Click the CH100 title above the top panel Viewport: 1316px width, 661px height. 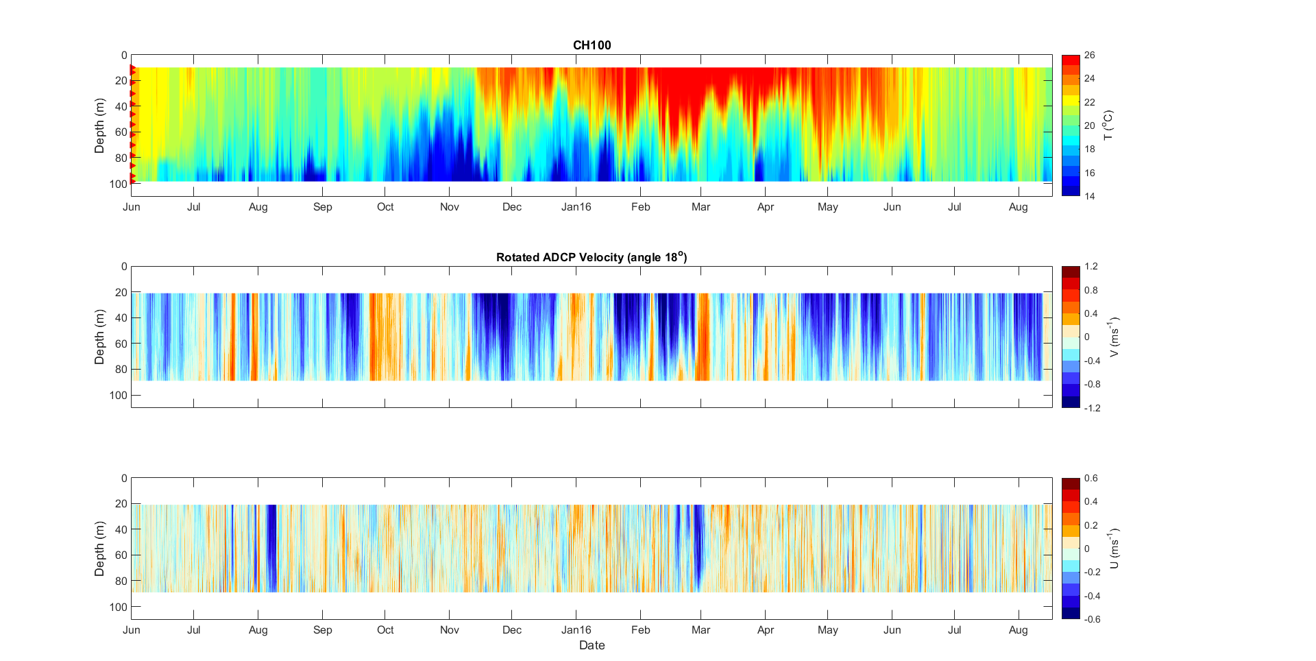(x=592, y=45)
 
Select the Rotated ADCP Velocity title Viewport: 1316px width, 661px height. (x=591, y=257)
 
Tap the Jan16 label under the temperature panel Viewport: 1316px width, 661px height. (x=576, y=207)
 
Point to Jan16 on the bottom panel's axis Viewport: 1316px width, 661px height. (x=576, y=630)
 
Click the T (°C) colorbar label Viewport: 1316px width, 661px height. (x=1108, y=125)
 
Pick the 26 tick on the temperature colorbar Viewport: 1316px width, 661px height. (x=1089, y=56)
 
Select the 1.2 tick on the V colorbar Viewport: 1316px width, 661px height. (x=1090, y=267)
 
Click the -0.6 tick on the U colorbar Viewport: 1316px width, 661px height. (x=1092, y=619)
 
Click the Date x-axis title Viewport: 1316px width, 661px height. (x=592, y=645)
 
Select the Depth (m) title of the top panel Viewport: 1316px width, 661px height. (x=99, y=125)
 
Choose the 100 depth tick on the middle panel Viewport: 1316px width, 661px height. (x=118, y=396)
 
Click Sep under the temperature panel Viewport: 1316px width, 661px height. (x=322, y=207)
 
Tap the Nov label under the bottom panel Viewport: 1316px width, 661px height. (x=449, y=630)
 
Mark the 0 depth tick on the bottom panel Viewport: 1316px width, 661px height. (x=123, y=479)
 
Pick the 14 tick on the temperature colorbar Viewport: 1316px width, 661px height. (x=1089, y=197)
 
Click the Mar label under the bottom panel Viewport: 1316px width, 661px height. (x=700, y=630)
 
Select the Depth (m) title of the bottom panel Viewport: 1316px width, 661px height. (x=99, y=549)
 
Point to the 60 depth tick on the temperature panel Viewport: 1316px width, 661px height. (x=121, y=132)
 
